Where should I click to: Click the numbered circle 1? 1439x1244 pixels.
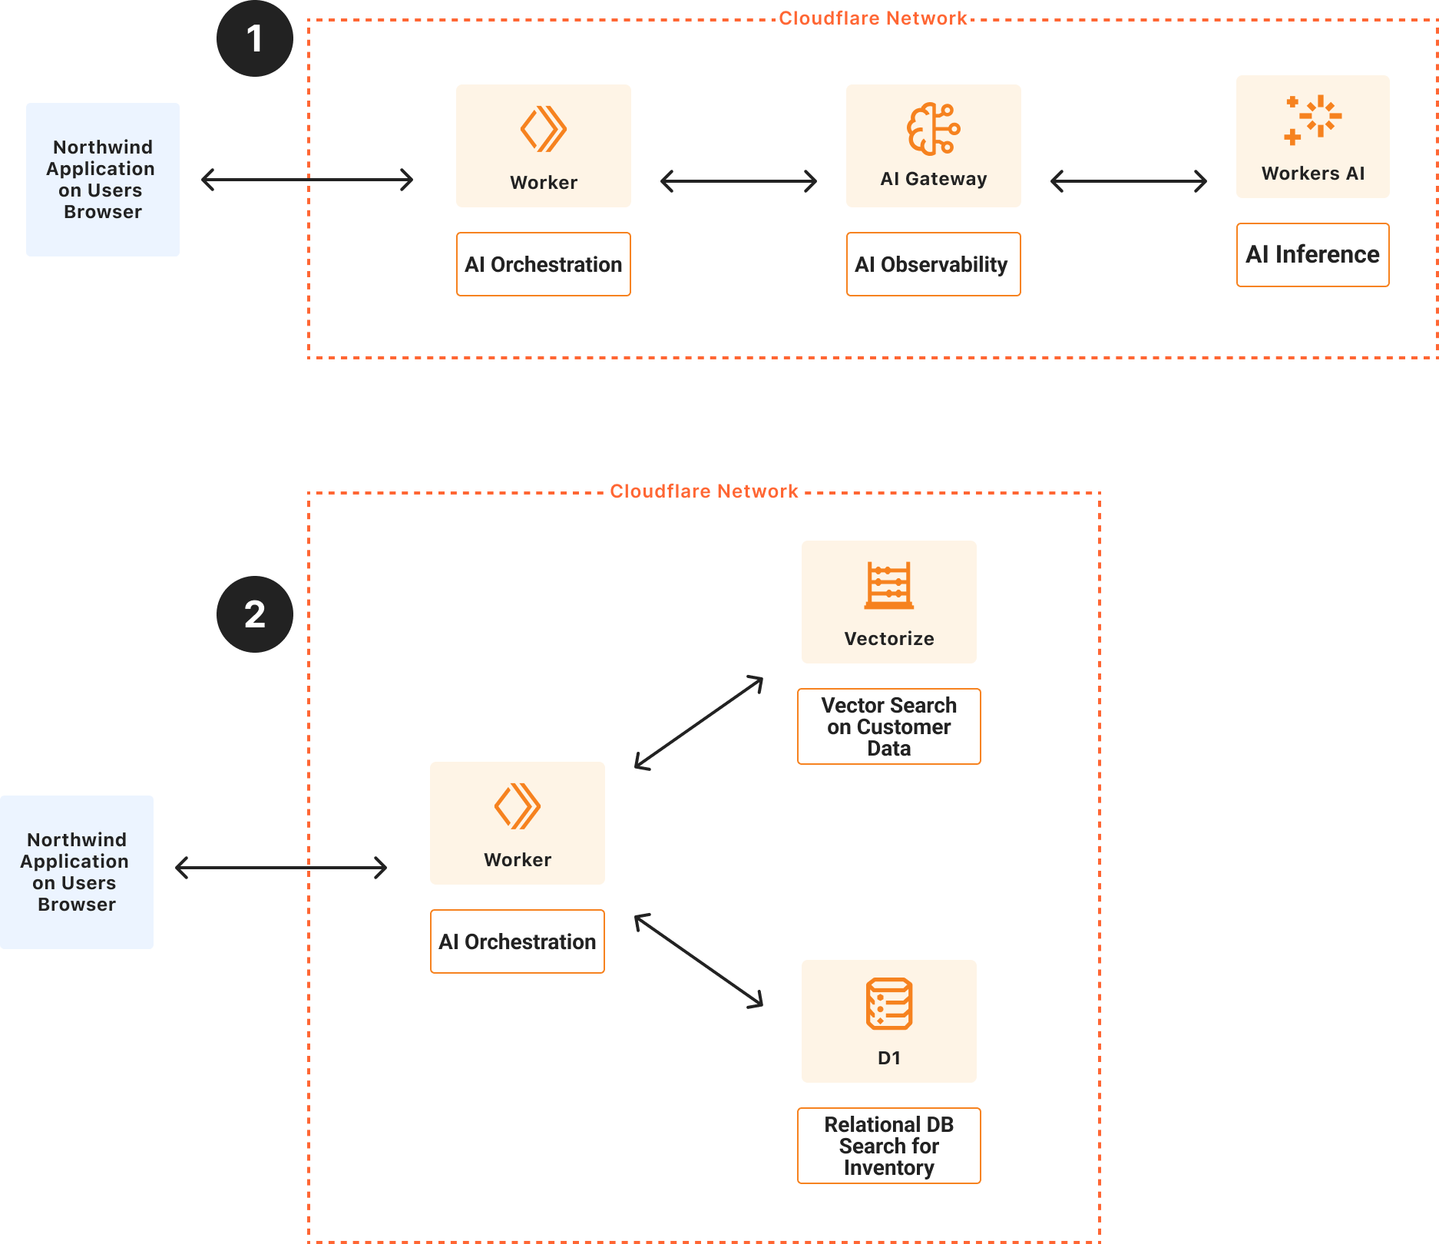coord(254,38)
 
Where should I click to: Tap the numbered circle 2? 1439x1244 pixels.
coord(254,614)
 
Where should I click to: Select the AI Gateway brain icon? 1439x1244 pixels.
coord(933,129)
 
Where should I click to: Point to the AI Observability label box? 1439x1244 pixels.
coord(933,264)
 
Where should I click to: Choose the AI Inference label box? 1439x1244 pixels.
coord(1312,255)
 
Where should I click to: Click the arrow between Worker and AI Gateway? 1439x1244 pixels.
coord(739,181)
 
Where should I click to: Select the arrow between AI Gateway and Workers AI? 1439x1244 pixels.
coord(1128,181)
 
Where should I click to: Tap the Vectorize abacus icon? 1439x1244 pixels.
coord(888,585)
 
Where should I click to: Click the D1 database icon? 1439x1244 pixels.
coord(888,1004)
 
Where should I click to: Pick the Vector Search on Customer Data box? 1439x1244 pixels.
coord(888,726)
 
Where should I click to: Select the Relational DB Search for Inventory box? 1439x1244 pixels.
coord(888,1146)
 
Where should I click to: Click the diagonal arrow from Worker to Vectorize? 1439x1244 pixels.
coord(699,723)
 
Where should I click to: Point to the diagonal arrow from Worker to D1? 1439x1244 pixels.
coord(699,960)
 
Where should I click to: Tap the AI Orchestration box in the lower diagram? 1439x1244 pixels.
coord(517,941)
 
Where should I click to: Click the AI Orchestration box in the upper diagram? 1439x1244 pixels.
coord(543,264)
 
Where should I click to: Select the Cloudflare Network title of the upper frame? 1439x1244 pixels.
coord(872,18)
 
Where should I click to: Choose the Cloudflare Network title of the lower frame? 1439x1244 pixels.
coord(703,491)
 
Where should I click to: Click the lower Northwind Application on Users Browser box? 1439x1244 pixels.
coord(77,872)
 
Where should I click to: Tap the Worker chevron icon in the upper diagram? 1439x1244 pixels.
coord(543,129)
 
